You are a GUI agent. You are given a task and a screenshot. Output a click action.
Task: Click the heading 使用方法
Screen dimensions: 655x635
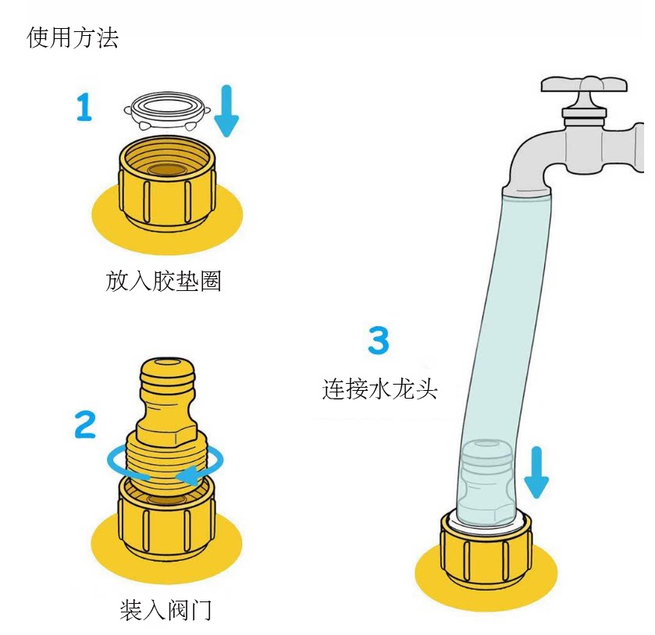(x=73, y=37)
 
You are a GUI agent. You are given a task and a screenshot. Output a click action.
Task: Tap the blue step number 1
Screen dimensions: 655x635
(x=84, y=107)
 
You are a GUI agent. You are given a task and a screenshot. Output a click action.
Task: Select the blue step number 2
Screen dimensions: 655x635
(x=85, y=424)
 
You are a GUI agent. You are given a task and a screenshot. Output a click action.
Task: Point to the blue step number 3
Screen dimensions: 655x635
(x=379, y=341)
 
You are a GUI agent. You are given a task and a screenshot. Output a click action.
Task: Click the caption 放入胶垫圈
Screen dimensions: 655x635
(x=164, y=281)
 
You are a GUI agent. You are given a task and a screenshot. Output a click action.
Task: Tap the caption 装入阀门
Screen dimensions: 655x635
(x=166, y=610)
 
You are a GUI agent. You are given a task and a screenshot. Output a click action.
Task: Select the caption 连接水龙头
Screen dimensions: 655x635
(x=380, y=388)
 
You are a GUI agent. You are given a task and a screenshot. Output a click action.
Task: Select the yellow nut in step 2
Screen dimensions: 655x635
(x=166, y=519)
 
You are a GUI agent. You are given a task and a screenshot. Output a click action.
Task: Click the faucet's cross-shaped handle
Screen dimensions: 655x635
(x=585, y=87)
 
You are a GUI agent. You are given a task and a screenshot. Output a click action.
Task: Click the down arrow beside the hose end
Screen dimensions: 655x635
(x=536, y=473)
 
